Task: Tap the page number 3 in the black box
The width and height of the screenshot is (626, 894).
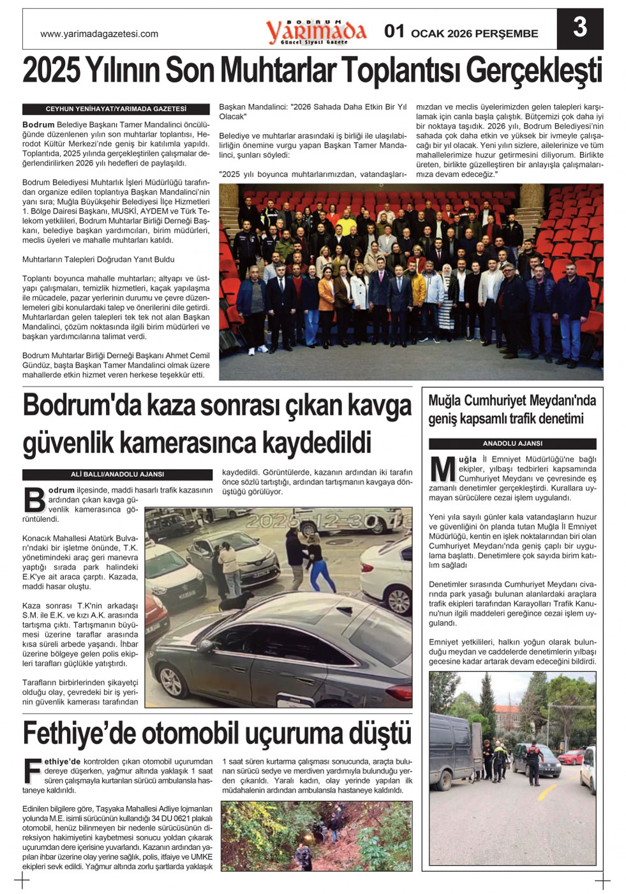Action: pos(579,28)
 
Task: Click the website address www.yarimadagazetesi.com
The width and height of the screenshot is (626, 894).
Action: pos(99,34)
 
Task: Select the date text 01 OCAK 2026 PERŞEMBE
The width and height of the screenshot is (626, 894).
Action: pos(461,33)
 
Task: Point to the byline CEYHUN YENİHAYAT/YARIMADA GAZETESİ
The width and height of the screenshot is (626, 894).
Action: pos(116,109)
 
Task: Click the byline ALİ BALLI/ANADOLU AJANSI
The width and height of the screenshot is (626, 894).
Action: pos(117,474)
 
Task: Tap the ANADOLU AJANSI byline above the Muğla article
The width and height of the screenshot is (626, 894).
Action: pos(512,443)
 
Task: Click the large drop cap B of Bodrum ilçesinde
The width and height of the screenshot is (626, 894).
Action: pos(34,500)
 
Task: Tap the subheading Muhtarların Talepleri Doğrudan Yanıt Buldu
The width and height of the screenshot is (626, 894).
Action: pos(98,260)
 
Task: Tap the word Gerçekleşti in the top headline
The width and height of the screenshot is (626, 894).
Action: pos(533,71)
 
